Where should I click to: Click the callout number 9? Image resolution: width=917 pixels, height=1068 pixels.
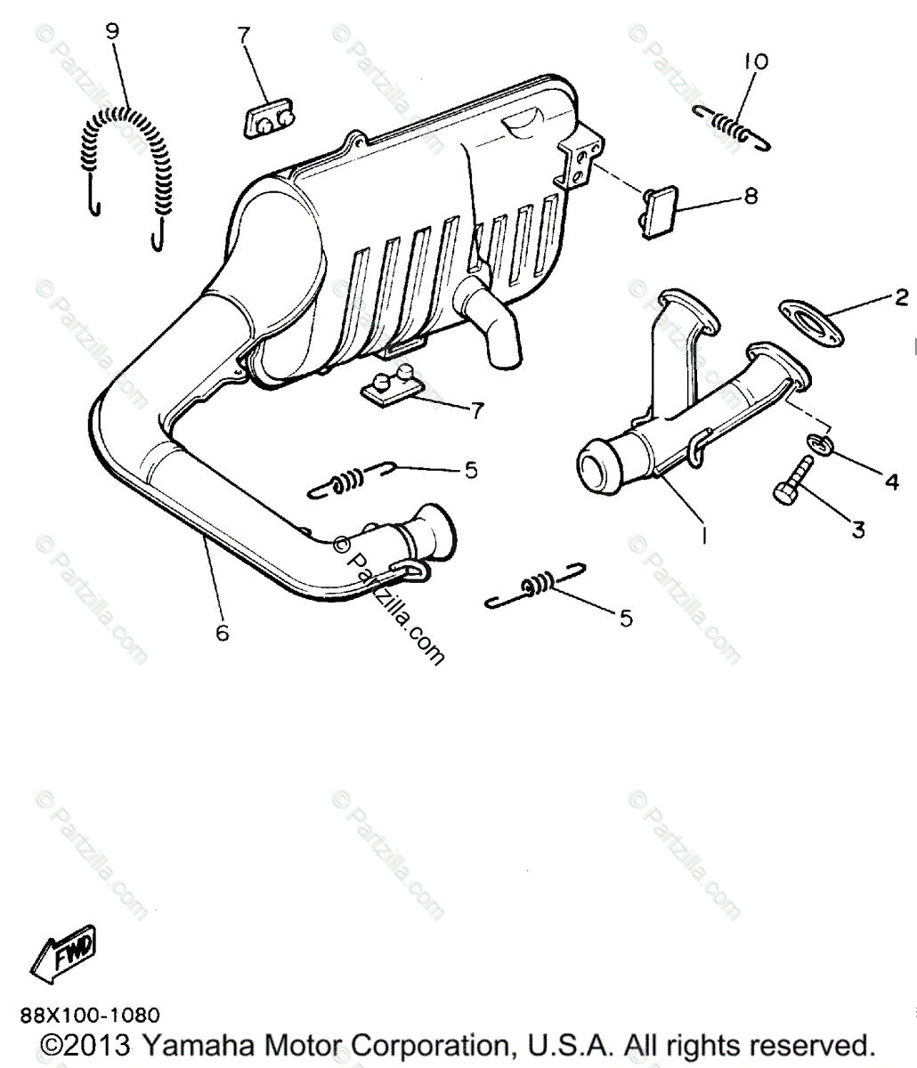tap(112, 32)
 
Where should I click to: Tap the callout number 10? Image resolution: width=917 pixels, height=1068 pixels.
tap(756, 62)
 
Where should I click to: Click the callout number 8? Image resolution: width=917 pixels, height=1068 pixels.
tap(751, 196)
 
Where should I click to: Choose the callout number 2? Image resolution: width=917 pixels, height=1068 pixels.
tap(900, 297)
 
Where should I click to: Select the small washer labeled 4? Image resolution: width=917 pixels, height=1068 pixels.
tap(821, 443)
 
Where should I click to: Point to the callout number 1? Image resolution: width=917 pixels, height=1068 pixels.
tap(703, 536)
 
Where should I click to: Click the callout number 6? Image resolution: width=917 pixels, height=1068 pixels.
tap(222, 633)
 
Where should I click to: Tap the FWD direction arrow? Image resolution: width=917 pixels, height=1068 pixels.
tap(65, 956)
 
